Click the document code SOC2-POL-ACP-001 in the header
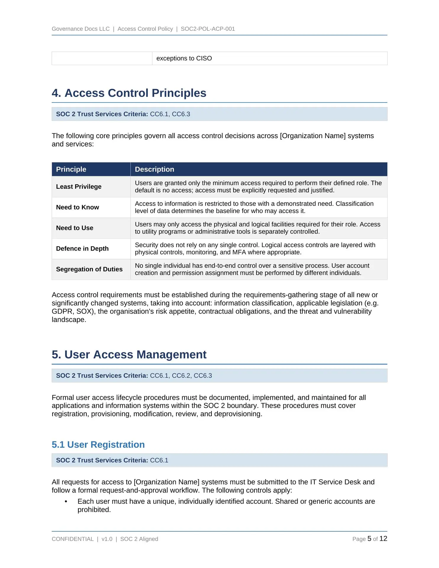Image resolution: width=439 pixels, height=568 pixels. [x=208, y=29]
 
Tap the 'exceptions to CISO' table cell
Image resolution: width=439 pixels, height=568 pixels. [x=184, y=59]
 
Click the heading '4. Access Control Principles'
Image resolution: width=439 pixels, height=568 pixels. [x=129, y=93]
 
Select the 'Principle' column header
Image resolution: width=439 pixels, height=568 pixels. [x=71, y=170]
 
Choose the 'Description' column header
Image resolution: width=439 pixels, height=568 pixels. [x=154, y=170]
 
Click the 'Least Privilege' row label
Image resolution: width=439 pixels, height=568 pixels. [x=79, y=187]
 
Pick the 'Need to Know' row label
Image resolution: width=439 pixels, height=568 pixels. [x=78, y=207]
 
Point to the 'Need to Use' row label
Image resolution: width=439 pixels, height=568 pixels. [x=75, y=228]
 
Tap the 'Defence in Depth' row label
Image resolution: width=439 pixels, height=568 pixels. [x=82, y=249]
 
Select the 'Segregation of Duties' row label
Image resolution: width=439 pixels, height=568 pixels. [x=89, y=270]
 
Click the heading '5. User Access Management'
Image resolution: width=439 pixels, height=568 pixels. [x=129, y=355]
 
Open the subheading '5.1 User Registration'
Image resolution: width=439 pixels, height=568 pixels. [x=98, y=445]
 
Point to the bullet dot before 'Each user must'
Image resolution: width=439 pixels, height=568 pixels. [x=66, y=502]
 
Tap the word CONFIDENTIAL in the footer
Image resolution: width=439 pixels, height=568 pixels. [x=72, y=539]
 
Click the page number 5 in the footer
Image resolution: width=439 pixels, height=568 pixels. [x=369, y=539]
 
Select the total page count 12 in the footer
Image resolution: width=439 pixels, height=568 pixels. [x=383, y=539]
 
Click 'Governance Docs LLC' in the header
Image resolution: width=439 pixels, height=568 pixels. [x=80, y=29]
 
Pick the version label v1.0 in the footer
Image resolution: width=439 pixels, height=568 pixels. [x=107, y=539]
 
